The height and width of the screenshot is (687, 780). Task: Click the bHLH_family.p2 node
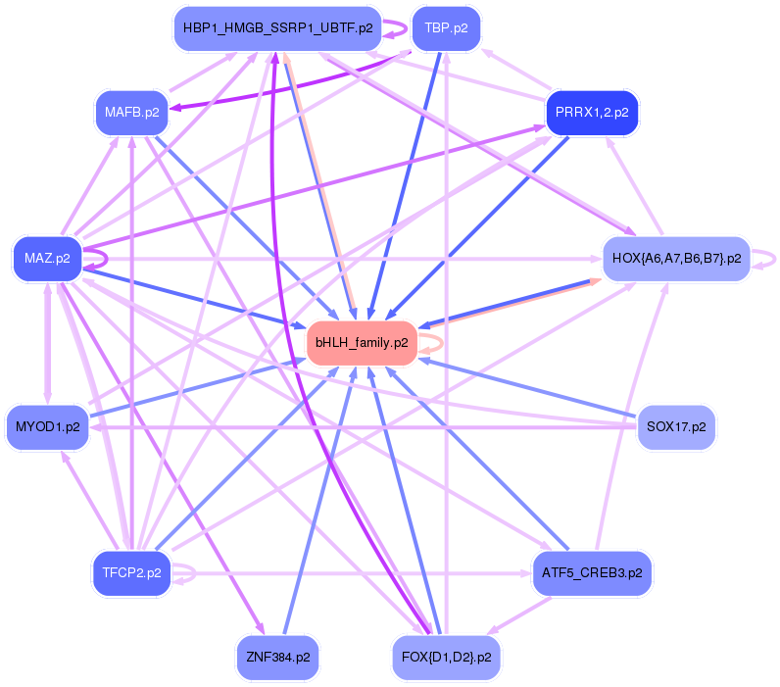[x=362, y=343]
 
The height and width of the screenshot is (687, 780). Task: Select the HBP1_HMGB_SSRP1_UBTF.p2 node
[x=277, y=28]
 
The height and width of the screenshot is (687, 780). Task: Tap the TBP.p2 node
[x=446, y=28]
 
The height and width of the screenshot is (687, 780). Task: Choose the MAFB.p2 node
[x=132, y=113]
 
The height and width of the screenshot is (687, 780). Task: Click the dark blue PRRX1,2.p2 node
[x=592, y=113]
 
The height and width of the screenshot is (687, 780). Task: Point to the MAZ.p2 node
[x=47, y=259]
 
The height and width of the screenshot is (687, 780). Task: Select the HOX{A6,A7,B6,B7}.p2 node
[x=676, y=259]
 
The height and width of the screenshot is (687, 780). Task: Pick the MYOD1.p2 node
[x=47, y=427]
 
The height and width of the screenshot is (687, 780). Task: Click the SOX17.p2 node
[x=676, y=427]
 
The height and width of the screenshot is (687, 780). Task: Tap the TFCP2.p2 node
[x=132, y=573]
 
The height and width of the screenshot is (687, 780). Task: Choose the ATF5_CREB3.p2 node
[x=592, y=573]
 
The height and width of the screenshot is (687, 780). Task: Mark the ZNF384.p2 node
[x=277, y=658]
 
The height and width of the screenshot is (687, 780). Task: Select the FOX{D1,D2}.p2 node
[x=446, y=658]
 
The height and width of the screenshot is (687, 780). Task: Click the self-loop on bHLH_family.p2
[x=442, y=343]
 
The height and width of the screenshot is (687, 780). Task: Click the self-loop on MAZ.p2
[x=107, y=259]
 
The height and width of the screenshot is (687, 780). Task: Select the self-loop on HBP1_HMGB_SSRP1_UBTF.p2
[x=406, y=28]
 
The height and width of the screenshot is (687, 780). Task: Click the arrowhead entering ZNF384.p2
[x=261, y=628]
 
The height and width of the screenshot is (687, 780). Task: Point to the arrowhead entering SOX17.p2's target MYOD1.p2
[x=95, y=427]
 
